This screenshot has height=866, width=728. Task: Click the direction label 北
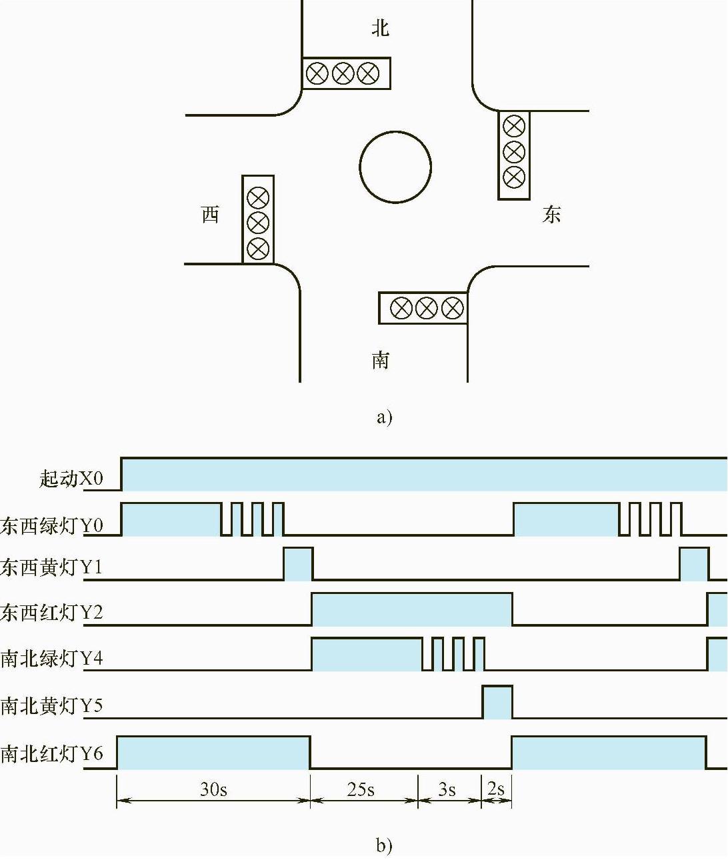tap(380, 28)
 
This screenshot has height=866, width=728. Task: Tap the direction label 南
tap(380, 360)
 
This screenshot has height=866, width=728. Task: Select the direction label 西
tap(210, 215)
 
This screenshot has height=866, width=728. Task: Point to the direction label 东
tap(551, 215)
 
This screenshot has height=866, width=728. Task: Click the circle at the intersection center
tap(395, 167)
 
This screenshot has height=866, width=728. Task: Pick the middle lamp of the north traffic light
tap(343, 73)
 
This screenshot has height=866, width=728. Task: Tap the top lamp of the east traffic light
tap(513, 126)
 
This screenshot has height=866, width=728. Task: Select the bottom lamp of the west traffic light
tap(258, 249)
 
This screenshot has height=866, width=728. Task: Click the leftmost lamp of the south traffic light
tap(401, 308)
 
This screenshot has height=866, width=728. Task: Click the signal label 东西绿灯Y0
tap(52, 525)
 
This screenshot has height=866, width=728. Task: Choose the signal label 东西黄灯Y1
tap(52, 567)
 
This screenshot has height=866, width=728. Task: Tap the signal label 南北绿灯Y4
tap(52, 658)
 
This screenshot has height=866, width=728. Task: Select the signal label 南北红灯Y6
tap(52, 753)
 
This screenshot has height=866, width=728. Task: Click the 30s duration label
tap(213, 789)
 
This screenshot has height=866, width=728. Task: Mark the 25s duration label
tap(361, 789)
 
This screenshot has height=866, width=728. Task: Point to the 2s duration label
tap(496, 789)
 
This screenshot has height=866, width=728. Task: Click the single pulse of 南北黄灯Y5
tap(497, 702)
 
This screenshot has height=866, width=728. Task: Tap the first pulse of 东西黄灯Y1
tap(298, 564)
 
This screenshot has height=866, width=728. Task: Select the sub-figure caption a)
tap(385, 417)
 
